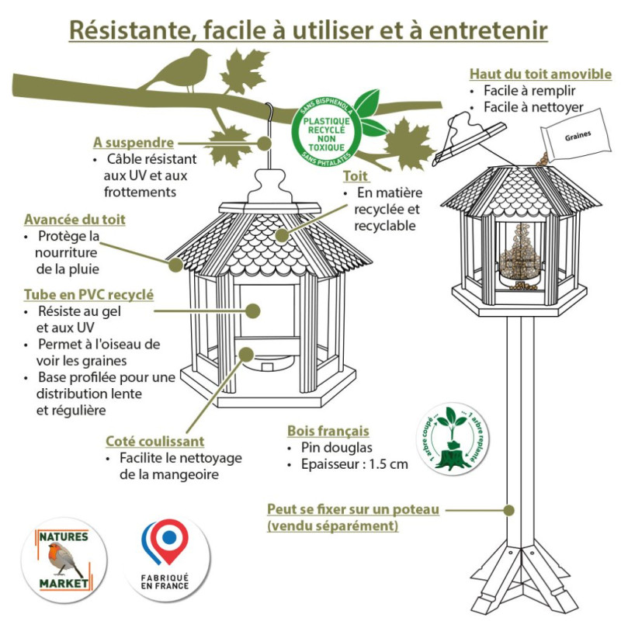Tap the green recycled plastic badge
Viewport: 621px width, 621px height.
point(326,130)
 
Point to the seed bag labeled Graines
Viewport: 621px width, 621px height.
point(577,140)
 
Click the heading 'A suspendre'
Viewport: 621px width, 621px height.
point(133,143)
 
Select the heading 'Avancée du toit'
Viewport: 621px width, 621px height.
point(75,220)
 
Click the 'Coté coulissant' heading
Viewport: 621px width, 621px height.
point(155,441)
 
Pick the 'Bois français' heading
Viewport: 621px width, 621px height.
point(328,431)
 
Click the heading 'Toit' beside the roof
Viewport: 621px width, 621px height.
point(355,175)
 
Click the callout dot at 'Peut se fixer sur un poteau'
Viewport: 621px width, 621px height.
point(509,510)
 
